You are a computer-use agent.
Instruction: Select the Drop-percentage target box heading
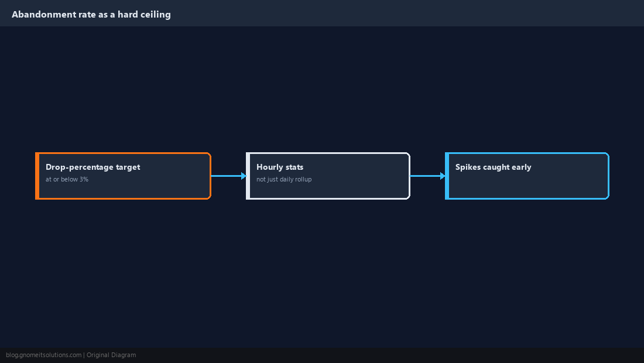pos(93,167)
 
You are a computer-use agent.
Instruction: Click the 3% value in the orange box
pos(84,179)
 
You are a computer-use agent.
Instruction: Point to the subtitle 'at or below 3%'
pos(67,179)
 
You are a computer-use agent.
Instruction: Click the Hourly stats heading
pos(280,167)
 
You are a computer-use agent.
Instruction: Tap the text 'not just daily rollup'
pos(284,179)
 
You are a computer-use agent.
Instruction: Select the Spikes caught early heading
pos(494,167)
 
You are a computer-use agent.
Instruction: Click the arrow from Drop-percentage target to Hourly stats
pos(228,176)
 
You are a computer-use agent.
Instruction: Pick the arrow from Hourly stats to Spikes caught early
pos(427,176)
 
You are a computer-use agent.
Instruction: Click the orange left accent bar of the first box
pos(37,176)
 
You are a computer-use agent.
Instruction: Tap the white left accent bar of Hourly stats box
pos(248,176)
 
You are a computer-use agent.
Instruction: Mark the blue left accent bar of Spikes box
pos(447,176)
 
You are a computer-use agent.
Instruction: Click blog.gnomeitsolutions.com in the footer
pos(43,355)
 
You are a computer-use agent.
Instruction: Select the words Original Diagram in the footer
pos(111,355)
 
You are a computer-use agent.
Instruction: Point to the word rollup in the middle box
pos(303,179)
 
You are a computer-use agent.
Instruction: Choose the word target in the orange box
pos(128,167)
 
